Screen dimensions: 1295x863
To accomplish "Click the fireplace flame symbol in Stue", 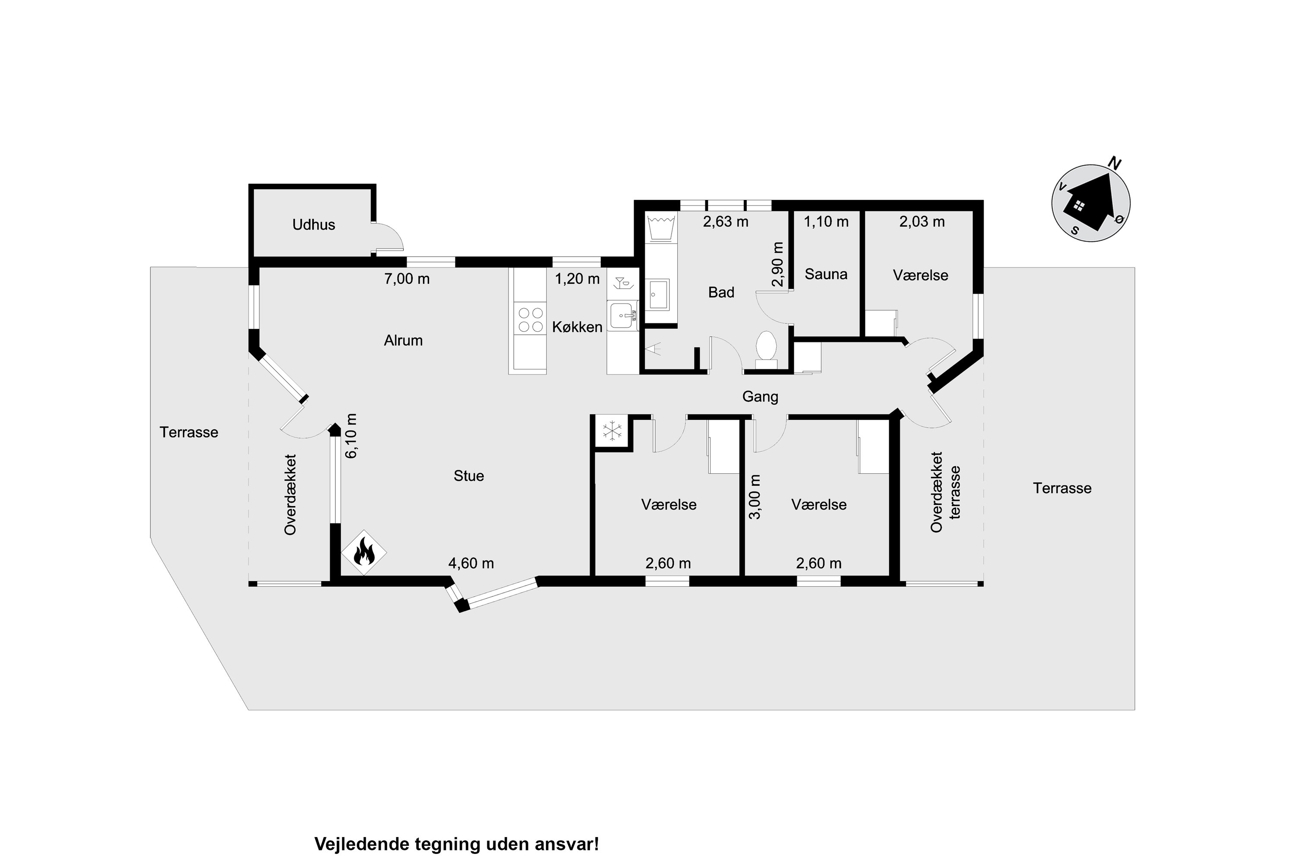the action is click(363, 552).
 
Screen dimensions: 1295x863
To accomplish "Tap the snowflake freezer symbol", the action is click(612, 431).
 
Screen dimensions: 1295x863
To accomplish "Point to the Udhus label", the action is click(313, 224).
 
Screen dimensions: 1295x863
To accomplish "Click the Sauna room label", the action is click(826, 274).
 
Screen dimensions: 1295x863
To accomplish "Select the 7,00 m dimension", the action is click(407, 279).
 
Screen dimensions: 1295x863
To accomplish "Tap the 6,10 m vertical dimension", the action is click(351, 435).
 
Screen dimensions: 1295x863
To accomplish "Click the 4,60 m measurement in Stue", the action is click(471, 564).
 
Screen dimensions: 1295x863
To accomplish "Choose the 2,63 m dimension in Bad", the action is click(726, 222).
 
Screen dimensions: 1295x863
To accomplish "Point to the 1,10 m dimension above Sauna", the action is click(826, 222).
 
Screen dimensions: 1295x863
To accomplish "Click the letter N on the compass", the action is click(1115, 164).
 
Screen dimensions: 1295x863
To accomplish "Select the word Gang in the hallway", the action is click(760, 397).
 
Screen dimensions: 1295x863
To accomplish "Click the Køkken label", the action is click(577, 327).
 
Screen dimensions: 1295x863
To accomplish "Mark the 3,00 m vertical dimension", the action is click(755, 497).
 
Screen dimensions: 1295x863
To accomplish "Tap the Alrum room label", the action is click(403, 341).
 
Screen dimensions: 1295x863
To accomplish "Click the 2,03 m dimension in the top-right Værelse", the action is click(922, 222).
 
